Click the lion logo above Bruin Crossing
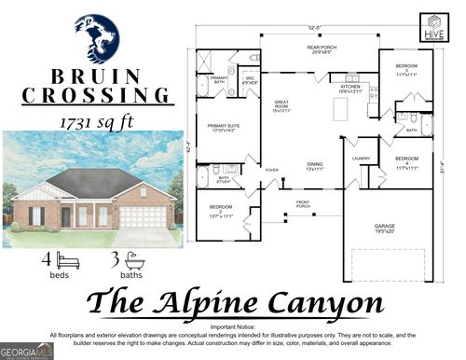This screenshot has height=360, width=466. (96, 37)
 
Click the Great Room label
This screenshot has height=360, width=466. (281, 107)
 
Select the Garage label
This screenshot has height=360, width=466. (384, 228)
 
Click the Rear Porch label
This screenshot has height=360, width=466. (320, 48)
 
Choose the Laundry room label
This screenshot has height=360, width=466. (361, 159)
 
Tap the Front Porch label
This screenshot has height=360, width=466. (303, 204)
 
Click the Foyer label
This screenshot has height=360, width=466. (271, 171)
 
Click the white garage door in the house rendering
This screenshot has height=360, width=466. (142, 218)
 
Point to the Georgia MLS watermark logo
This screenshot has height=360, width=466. (26, 351)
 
